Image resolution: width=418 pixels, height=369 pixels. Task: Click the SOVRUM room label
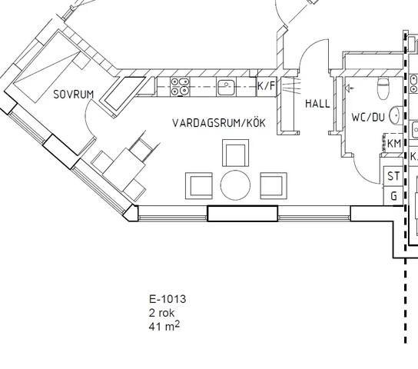(x=74, y=95)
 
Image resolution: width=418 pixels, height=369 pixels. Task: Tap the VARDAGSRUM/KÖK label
(x=219, y=123)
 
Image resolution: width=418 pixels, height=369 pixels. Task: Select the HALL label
(x=317, y=104)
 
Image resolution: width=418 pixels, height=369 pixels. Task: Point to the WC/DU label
(x=368, y=117)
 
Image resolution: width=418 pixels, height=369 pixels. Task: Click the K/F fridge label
(x=266, y=86)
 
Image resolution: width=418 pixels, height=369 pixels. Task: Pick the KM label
(x=394, y=144)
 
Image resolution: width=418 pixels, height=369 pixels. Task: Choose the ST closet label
(x=393, y=176)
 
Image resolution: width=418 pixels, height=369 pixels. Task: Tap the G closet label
(x=393, y=196)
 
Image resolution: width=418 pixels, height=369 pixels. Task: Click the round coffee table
(x=236, y=185)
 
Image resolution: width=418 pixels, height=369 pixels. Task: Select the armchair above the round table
(x=236, y=153)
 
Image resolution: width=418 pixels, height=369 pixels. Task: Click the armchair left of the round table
(x=199, y=186)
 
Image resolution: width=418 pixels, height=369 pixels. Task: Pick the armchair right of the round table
(x=274, y=186)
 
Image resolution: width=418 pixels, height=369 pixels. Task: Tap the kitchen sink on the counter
(x=226, y=87)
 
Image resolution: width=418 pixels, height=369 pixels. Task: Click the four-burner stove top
(x=180, y=87)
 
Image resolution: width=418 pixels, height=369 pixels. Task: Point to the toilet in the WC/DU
(x=383, y=88)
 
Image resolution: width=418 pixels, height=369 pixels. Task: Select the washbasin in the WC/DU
(x=396, y=115)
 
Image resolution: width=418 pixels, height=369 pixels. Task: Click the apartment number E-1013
(x=168, y=299)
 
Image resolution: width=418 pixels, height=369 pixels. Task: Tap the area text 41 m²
(x=164, y=326)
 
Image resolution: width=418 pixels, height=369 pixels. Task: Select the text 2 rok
(x=161, y=312)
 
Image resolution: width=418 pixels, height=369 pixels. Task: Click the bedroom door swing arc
(x=87, y=118)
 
